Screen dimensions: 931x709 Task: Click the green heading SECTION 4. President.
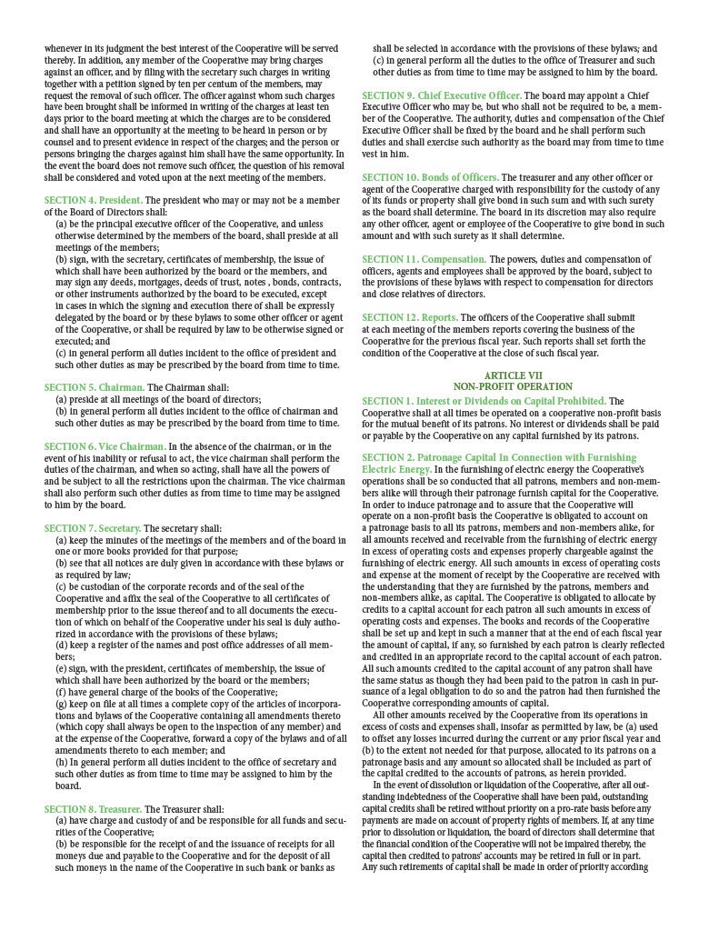coord(93,200)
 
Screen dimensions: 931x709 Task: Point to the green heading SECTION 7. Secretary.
coord(93,528)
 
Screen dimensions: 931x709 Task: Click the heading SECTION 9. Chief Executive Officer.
coord(442,95)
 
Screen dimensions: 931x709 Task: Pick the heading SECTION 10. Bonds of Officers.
coord(431,177)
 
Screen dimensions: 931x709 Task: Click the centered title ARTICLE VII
coord(513,375)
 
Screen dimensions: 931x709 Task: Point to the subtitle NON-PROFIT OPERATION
coord(513,387)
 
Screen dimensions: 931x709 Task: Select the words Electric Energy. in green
coord(391,469)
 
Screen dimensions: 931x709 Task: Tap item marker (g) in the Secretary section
coord(61,705)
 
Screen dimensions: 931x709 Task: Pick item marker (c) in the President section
coord(60,352)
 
